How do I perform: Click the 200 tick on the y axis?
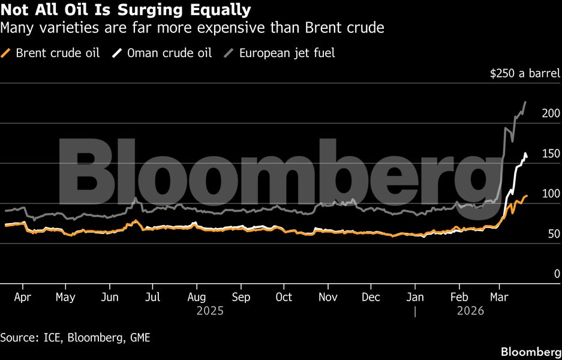(x=551, y=114)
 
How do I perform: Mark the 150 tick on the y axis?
(x=551, y=154)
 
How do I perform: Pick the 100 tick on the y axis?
(x=551, y=194)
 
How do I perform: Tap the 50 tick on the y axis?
(x=554, y=234)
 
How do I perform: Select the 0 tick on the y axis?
(x=556, y=274)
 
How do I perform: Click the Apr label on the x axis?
(x=22, y=297)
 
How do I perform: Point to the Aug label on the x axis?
(x=197, y=297)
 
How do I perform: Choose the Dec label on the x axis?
(x=371, y=297)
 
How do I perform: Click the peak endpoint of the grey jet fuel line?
(x=525, y=103)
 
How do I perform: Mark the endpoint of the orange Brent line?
(x=527, y=196)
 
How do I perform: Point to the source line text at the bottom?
(x=75, y=338)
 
